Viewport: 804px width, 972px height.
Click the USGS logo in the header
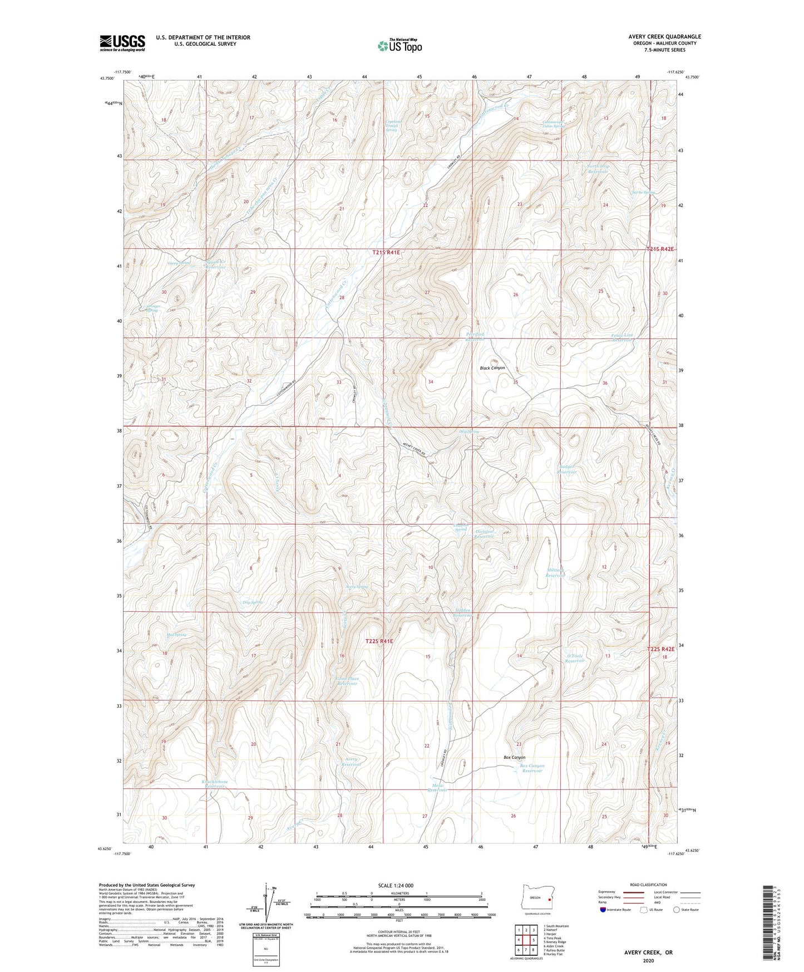click(x=122, y=43)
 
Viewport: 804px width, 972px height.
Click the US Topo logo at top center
click(x=399, y=46)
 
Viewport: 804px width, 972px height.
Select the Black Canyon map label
click(x=492, y=368)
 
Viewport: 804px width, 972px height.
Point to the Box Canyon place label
click(x=514, y=757)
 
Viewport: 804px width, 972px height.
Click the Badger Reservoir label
click(x=568, y=469)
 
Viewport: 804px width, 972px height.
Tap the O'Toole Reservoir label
click(x=575, y=658)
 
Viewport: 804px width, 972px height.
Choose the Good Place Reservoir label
click(x=347, y=681)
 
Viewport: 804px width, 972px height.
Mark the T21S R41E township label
click(x=386, y=252)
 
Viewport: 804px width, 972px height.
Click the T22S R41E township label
click(x=379, y=641)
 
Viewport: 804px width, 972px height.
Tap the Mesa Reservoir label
click(x=437, y=787)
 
